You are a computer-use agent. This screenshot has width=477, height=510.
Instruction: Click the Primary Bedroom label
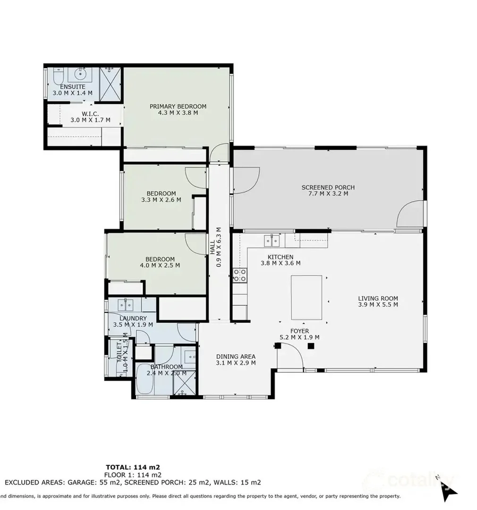178,106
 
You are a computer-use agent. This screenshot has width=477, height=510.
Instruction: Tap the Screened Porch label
328,187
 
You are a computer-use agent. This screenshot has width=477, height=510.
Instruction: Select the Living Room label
378,298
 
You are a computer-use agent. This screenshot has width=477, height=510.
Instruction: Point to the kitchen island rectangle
306,297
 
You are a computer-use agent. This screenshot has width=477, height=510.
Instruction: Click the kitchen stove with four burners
239,275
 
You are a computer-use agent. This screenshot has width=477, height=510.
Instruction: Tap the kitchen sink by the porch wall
272,240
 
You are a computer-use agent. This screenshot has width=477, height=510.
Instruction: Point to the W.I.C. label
90,113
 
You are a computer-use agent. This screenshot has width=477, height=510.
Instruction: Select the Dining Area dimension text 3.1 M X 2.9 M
236,363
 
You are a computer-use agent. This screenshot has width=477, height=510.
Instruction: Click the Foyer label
300,331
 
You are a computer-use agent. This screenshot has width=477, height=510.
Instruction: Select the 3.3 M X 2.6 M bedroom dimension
161,200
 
